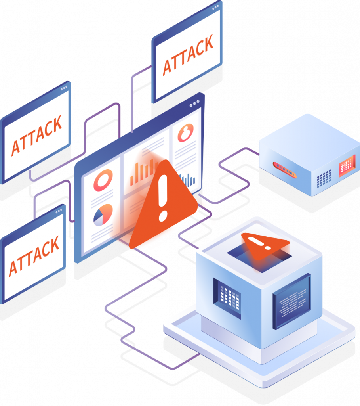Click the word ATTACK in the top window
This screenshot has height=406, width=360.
(x=188, y=55)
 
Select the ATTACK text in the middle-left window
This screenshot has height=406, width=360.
(x=37, y=136)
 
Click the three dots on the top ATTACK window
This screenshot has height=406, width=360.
(x=215, y=8)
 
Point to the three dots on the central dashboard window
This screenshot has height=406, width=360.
(x=194, y=103)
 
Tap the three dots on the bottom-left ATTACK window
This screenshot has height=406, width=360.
(x=59, y=211)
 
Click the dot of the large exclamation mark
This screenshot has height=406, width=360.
(x=163, y=216)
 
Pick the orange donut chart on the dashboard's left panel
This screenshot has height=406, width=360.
(x=103, y=180)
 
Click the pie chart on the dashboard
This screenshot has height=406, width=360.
(x=103, y=215)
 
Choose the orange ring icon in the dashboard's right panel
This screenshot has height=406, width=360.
(x=185, y=132)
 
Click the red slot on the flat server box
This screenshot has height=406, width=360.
(x=284, y=170)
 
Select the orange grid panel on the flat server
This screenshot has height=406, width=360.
(x=347, y=166)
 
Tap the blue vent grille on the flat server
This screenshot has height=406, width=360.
(x=324, y=179)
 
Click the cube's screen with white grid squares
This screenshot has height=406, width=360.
(x=227, y=298)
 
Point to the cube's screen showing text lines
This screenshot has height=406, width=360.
(x=292, y=301)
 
